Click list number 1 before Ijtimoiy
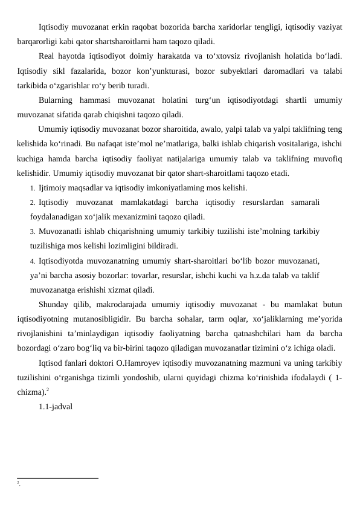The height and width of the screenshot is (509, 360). tap(32, 187)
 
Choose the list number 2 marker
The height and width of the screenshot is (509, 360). tap(32, 202)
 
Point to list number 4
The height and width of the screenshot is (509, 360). tap(32, 260)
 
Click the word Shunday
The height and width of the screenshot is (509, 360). tap(56, 303)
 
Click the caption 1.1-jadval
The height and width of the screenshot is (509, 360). tap(56, 406)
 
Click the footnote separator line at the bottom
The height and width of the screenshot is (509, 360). tap(58, 478)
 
